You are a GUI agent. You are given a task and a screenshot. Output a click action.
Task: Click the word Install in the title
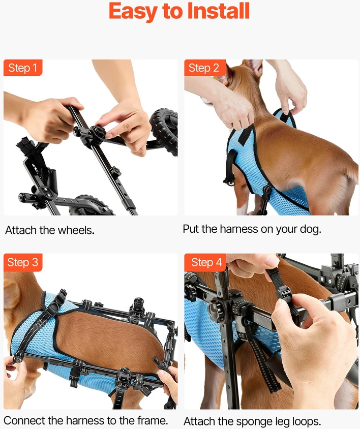(219, 11)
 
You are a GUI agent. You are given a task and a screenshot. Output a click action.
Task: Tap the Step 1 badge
(23, 68)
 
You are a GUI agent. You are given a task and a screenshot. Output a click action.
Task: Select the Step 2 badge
(205, 68)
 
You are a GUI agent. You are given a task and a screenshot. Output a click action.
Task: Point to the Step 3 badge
(23, 262)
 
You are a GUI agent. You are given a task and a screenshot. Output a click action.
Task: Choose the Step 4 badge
(205, 262)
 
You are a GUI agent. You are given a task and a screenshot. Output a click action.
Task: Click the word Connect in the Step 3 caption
(24, 420)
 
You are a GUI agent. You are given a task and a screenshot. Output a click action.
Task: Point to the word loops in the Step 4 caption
(306, 421)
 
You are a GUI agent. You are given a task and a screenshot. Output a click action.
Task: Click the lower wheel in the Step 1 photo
(91, 206)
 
